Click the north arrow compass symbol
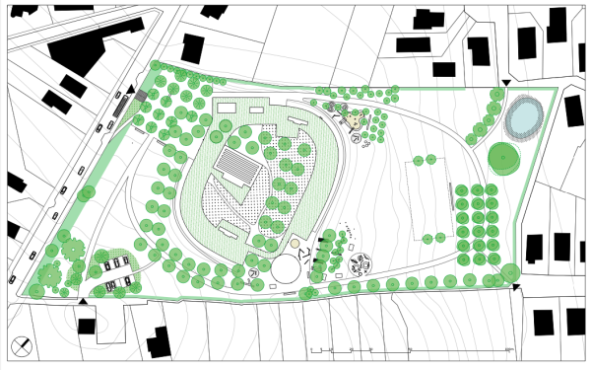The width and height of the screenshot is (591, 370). [x=23, y=345]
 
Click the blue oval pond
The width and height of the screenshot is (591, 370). [x=522, y=117]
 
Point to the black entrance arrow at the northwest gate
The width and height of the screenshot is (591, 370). [x=130, y=90]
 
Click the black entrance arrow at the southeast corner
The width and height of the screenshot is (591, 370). [x=515, y=288]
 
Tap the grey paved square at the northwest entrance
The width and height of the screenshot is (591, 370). [x=141, y=95]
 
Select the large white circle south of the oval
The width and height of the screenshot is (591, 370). [x=289, y=267]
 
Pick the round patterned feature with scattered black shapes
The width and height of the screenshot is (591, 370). [x=361, y=263]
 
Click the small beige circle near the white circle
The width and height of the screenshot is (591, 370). [x=295, y=243]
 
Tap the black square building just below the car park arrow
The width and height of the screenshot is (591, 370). [x=87, y=326]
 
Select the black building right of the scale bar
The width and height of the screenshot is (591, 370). [x=543, y=322]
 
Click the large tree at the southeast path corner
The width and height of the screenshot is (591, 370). [x=510, y=272]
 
